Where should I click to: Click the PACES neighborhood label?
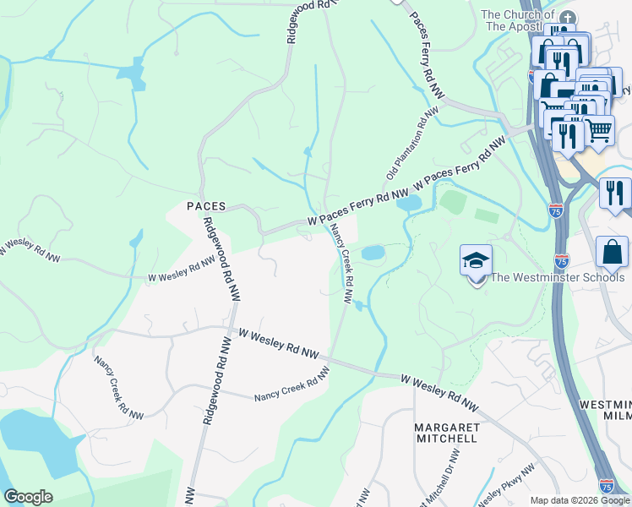point(205,206)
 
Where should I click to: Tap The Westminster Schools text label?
point(558,277)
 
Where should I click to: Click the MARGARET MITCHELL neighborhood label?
point(447,433)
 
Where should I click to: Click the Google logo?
point(28,497)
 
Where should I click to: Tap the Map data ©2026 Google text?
point(580,500)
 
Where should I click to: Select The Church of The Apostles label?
point(518,20)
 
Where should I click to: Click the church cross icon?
point(569,18)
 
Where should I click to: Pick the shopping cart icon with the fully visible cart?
point(598,130)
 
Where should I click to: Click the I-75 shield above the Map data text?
point(605,484)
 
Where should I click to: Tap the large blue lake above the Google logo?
point(38,439)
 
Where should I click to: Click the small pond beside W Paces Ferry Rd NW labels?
point(408,203)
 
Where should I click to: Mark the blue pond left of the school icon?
point(373,253)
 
